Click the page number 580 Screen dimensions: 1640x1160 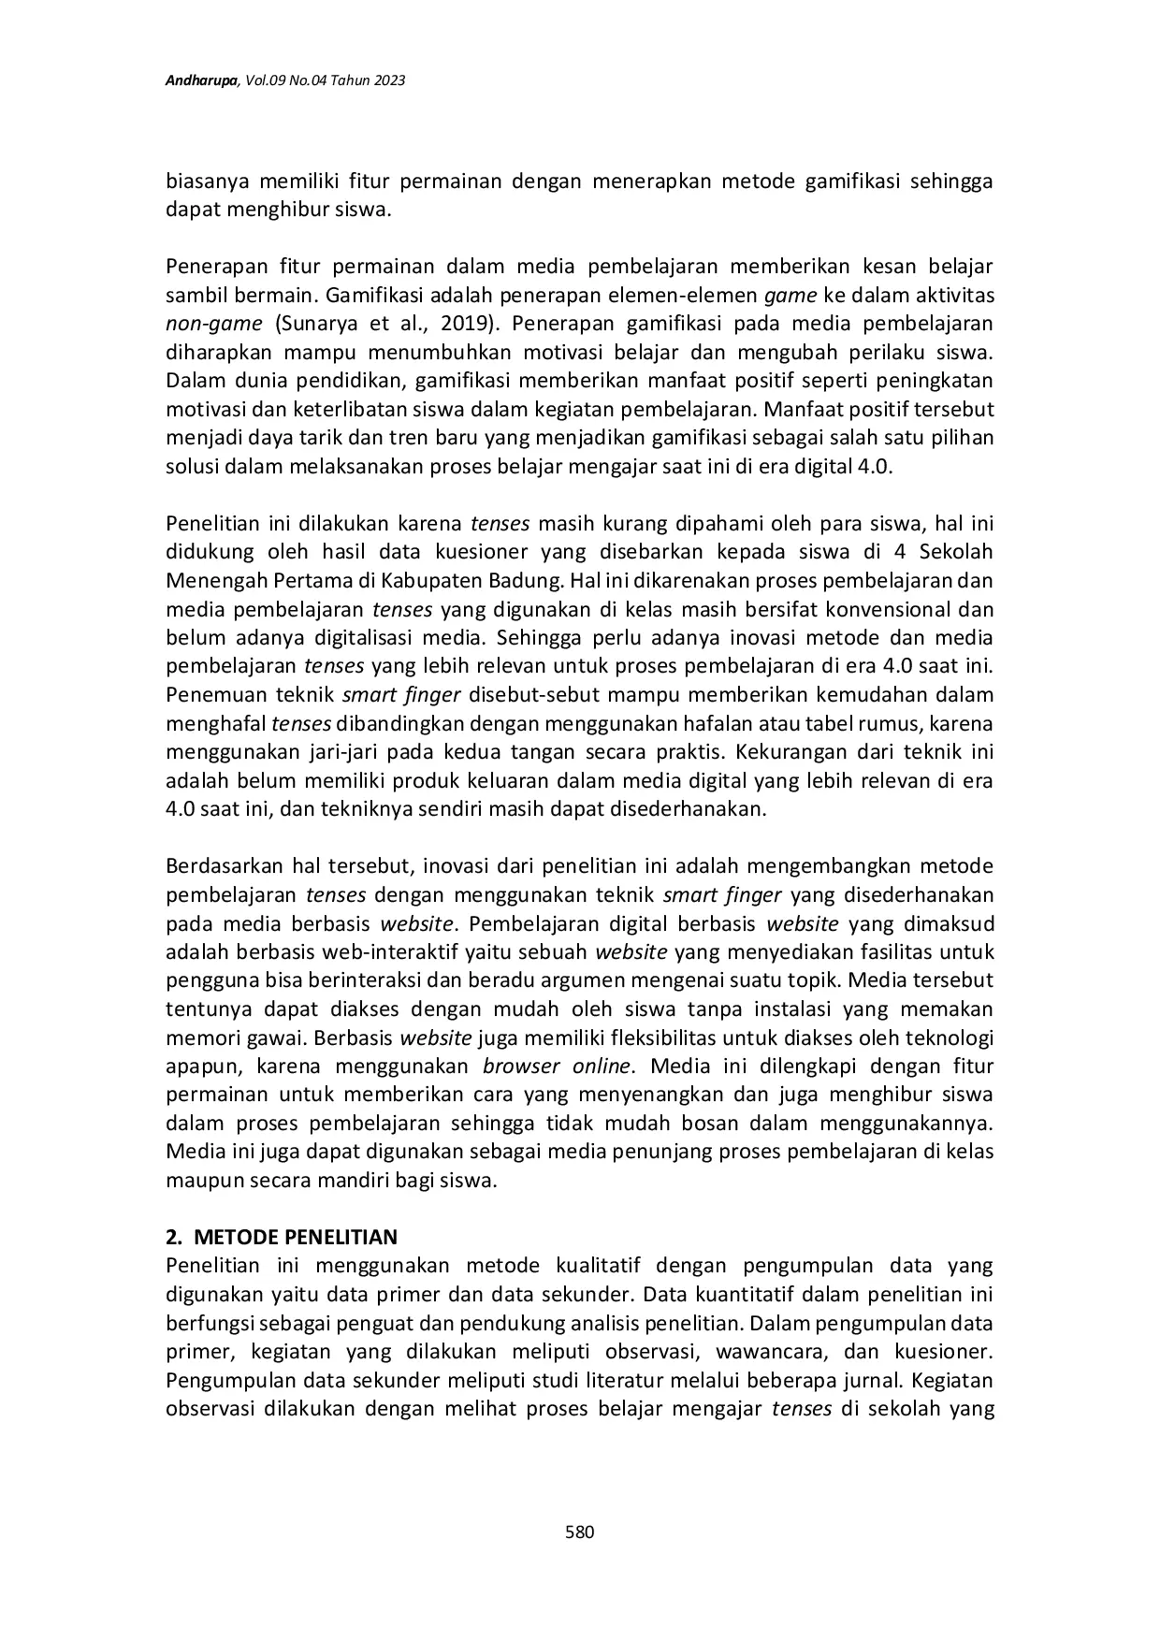(x=580, y=1531)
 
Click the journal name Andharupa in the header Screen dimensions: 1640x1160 (x=201, y=81)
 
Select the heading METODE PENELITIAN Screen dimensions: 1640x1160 (x=295, y=1237)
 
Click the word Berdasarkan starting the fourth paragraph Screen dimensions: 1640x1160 (x=224, y=866)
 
